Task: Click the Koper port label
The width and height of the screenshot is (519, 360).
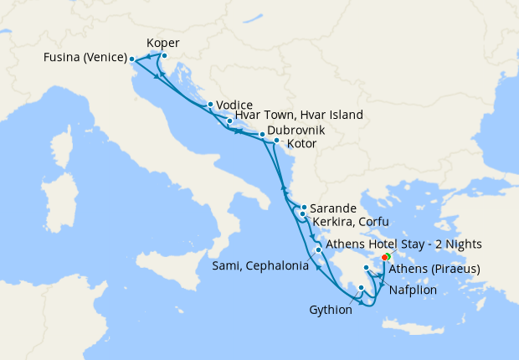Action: coord(162,43)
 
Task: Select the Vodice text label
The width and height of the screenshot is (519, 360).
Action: coord(234,105)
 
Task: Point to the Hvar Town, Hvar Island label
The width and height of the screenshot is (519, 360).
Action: coord(299,116)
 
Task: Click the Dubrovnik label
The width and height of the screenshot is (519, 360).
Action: coord(295,131)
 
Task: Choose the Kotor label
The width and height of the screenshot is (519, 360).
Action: coord(301,144)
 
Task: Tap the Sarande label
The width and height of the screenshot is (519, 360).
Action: coord(334,208)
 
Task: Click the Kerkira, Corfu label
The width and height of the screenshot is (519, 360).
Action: coord(351,221)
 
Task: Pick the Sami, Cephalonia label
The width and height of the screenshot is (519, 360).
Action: coord(259,266)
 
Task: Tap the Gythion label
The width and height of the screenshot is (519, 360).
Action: coord(330,310)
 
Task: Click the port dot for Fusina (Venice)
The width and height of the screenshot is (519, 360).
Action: coord(131,59)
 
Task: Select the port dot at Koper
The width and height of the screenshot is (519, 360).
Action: coord(164,56)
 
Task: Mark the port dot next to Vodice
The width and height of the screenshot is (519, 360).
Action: coord(209,105)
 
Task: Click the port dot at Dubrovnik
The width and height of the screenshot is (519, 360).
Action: coord(261,134)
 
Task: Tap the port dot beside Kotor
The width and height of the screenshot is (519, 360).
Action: coord(276,141)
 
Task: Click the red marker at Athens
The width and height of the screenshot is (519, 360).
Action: coord(384,257)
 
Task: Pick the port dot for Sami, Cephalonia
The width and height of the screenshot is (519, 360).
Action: coord(318,249)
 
